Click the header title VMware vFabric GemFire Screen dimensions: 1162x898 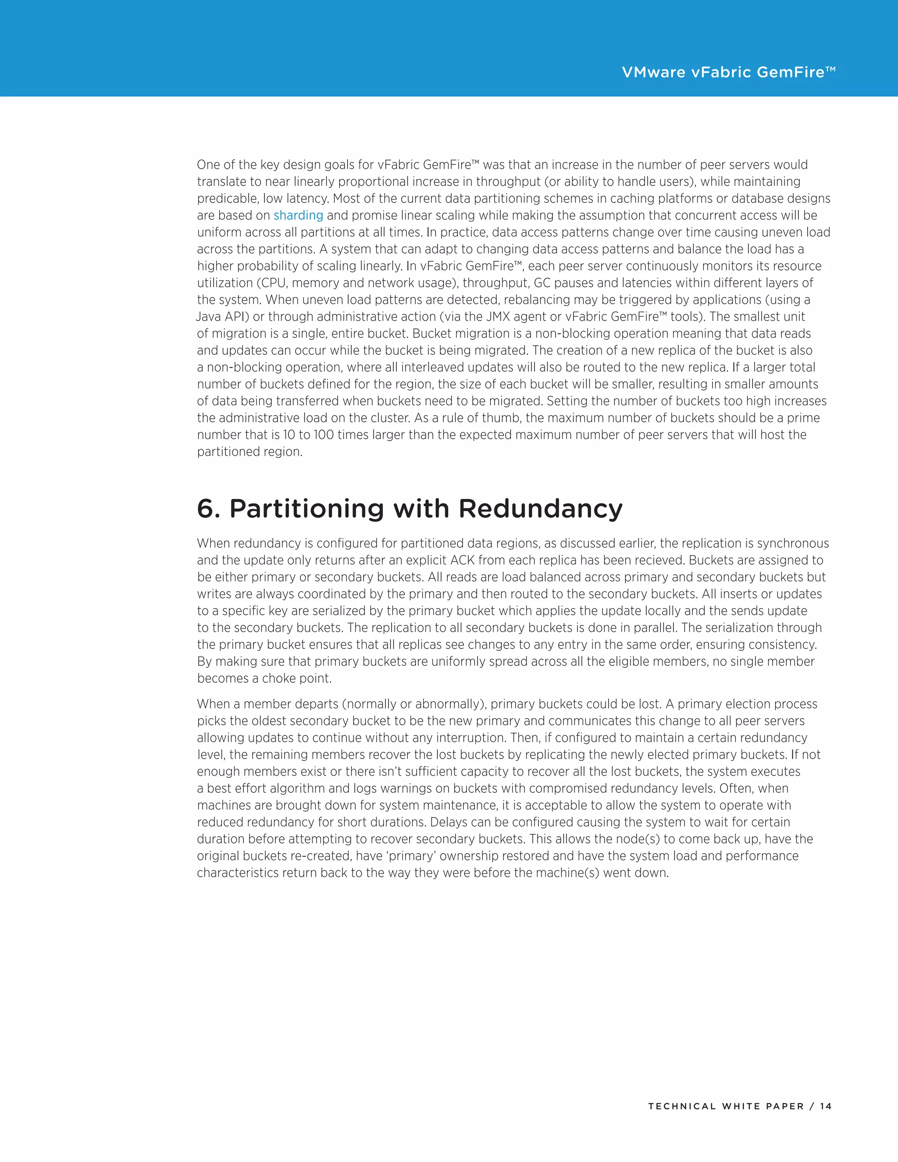[x=728, y=72]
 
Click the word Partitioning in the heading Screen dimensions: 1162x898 [x=306, y=509]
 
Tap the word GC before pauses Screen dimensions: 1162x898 [x=542, y=283]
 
